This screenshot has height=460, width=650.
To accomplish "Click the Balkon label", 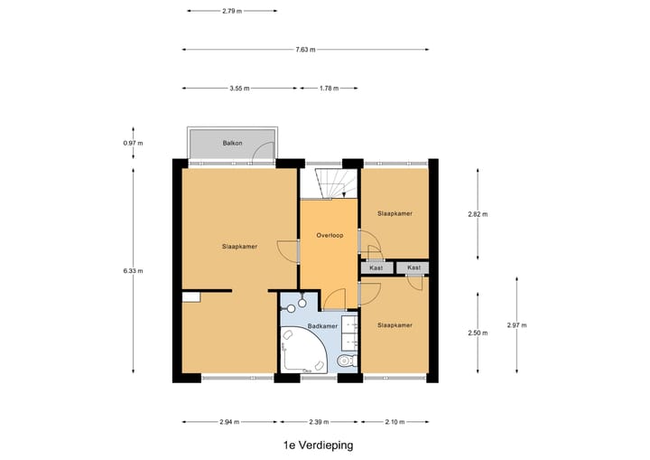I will coord(233,143).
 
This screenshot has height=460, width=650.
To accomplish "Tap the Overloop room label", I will coord(330,235).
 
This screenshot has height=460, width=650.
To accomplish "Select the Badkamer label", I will coord(322,325).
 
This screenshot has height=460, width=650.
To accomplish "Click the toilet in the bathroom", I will coord(345,361).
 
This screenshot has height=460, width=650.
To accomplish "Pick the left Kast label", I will coord(376,268).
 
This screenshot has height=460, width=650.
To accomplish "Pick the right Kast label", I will coord(413,268).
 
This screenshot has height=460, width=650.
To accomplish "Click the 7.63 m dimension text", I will coord(305,50).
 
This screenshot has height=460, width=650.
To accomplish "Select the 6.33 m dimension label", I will coord(134,270).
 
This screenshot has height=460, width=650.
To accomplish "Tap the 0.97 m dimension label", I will coord(134,144).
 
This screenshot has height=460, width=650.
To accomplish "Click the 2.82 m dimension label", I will coord(477,214).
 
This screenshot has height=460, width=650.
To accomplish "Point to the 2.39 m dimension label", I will coord(320,421).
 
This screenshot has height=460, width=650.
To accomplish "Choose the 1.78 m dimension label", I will coord(330,89).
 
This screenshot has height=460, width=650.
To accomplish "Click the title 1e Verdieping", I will coord(317,445).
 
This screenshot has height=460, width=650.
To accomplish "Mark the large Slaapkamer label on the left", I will coord(239,246).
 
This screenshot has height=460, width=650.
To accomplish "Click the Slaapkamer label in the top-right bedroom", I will coord(395,213).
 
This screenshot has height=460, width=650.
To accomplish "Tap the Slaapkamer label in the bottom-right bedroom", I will coord(395,324).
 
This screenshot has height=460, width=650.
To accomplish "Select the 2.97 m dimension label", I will coord(516,325).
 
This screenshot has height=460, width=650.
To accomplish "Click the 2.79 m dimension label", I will coord(232,11).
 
